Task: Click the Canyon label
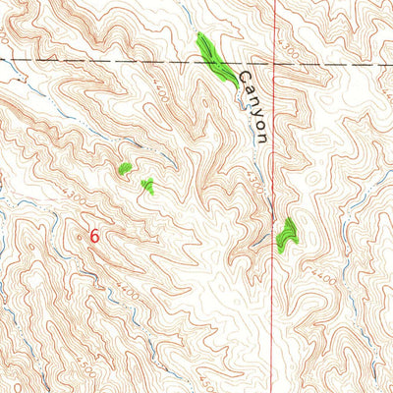(253, 109)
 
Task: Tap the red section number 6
(94, 237)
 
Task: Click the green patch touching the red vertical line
(286, 235)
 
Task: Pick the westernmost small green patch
(125, 169)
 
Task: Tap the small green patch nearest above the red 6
(147, 186)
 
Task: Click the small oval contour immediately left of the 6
(83, 237)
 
